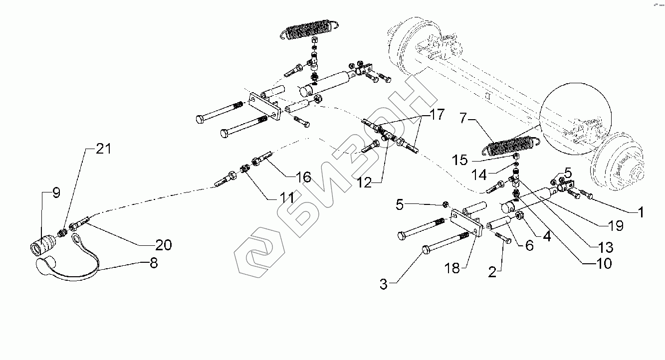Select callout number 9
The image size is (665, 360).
56,193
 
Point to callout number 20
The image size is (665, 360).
163,245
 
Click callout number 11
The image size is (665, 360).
286,198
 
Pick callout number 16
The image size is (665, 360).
303,177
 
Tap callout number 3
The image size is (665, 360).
383,285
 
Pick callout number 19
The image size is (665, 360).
616,226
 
